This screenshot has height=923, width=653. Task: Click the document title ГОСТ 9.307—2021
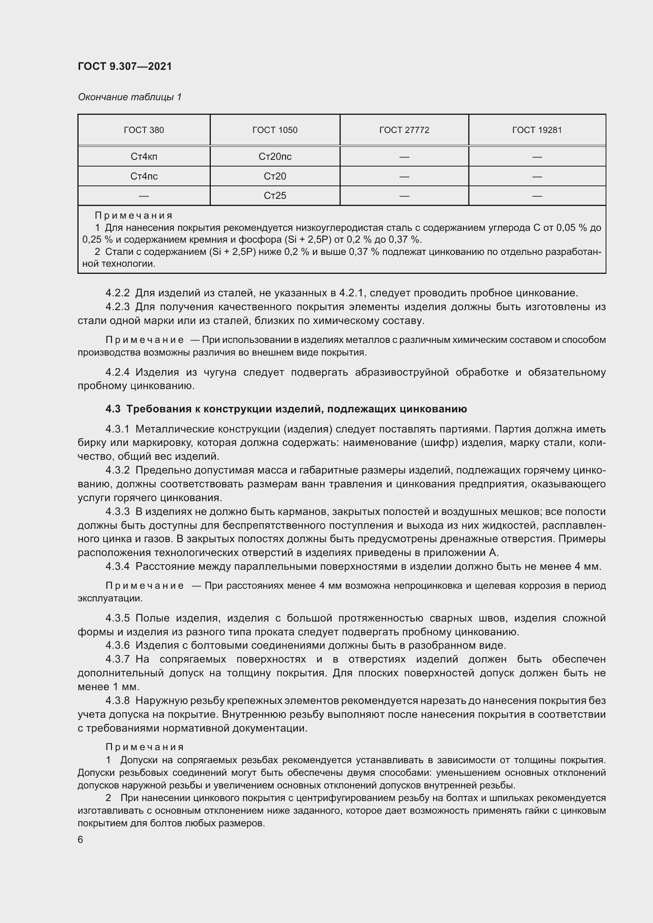coord(125,66)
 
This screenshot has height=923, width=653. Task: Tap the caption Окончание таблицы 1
coord(129,97)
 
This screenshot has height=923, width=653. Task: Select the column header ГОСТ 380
coord(144,130)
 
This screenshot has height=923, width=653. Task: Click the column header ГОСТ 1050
coord(275,130)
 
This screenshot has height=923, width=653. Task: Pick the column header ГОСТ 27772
coord(404,130)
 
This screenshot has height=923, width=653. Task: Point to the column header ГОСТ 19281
coord(537,130)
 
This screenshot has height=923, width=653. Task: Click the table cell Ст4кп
coord(144,156)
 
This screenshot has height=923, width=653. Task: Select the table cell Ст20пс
coord(275,156)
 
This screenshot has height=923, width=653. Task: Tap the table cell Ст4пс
coord(144,176)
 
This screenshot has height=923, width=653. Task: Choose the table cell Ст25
coord(275,196)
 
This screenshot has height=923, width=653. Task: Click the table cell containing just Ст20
coord(275,176)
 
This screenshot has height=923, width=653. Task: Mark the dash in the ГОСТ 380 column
coord(144,196)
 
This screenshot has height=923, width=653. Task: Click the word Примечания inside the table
coord(133,215)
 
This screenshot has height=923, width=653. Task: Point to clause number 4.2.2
coord(117,293)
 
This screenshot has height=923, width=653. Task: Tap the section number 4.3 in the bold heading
coord(113,409)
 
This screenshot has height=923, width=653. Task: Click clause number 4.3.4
coord(117,566)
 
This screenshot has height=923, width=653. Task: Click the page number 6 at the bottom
coord(81,839)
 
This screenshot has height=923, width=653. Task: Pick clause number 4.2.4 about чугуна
coord(117,372)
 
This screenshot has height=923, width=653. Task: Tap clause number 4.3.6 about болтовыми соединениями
coord(117,645)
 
